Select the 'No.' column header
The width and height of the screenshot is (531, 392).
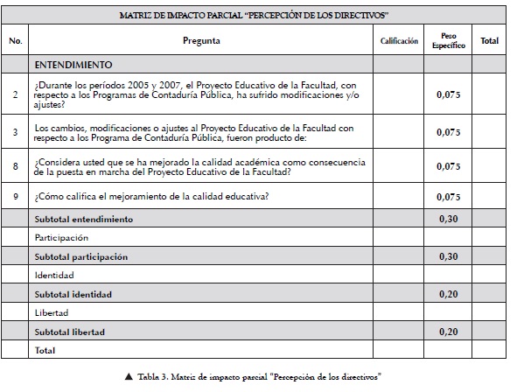pyautogui.click(x=15, y=41)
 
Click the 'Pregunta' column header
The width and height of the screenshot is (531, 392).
pyautogui.click(x=201, y=41)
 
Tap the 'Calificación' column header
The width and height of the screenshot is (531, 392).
pyautogui.click(x=399, y=41)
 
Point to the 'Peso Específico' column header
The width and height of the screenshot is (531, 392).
pyautogui.click(x=448, y=40)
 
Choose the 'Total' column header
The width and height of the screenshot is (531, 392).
pyautogui.click(x=489, y=41)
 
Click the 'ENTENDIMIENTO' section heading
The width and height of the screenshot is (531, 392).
pyautogui.click(x=73, y=65)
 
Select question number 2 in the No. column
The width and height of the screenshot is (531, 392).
pyautogui.click(x=15, y=94)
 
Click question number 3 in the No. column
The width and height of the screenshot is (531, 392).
pyautogui.click(x=15, y=132)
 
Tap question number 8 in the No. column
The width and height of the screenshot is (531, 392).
pyautogui.click(x=15, y=166)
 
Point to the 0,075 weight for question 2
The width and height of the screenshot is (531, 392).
pyautogui.click(x=448, y=94)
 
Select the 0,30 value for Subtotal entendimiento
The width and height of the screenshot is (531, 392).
pyautogui.click(x=448, y=218)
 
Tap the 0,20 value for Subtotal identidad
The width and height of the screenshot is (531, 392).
pyautogui.click(x=448, y=294)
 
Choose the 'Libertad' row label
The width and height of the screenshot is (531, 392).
pyautogui.click(x=52, y=312)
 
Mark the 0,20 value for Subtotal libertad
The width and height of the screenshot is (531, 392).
pyautogui.click(x=448, y=332)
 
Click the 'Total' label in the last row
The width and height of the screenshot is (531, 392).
pyautogui.click(x=45, y=350)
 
